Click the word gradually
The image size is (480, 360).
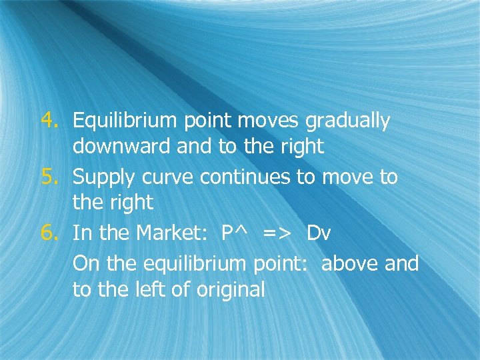click(x=347, y=122)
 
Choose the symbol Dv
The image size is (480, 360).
click(x=319, y=234)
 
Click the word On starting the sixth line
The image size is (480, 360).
click(x=84, y=263)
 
